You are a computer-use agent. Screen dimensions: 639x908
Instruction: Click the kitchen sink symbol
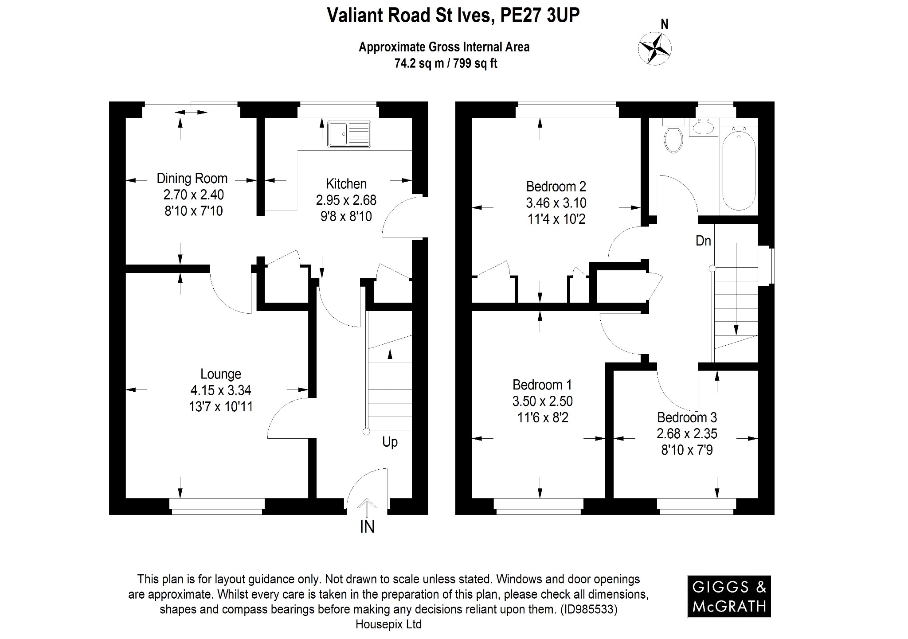click(x=349, y=134)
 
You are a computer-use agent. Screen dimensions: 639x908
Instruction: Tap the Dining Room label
click(x=192, y=179)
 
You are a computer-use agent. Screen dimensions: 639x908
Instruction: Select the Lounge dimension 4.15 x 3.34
click(x=221, y=390)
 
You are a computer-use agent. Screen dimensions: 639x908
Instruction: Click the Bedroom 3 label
click(x=687, y=417)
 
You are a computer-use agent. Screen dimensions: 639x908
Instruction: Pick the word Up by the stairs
click(x=390, y=442)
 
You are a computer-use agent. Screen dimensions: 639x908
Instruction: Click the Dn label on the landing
click(x=703, y=241)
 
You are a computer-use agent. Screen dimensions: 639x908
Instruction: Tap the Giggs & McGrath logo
click(x=729, y=596)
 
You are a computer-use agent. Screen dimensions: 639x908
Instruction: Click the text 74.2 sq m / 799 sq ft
click(x=446, y=64)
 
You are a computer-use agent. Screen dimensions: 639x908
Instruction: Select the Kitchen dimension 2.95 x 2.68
click(x=346, y=200)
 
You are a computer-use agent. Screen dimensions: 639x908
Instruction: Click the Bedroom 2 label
click(x=556, y=186)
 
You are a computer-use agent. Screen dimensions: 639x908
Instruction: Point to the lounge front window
click(x=217, y=506)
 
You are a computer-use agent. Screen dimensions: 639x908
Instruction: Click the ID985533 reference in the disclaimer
click(x=589, y=609)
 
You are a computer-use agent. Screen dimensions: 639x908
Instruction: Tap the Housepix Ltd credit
click(x=388, y=624)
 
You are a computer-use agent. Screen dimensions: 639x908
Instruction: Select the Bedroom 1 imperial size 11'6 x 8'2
click(x=542, y=417)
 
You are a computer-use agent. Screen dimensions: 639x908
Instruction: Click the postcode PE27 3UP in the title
click(x=539, y=16)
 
